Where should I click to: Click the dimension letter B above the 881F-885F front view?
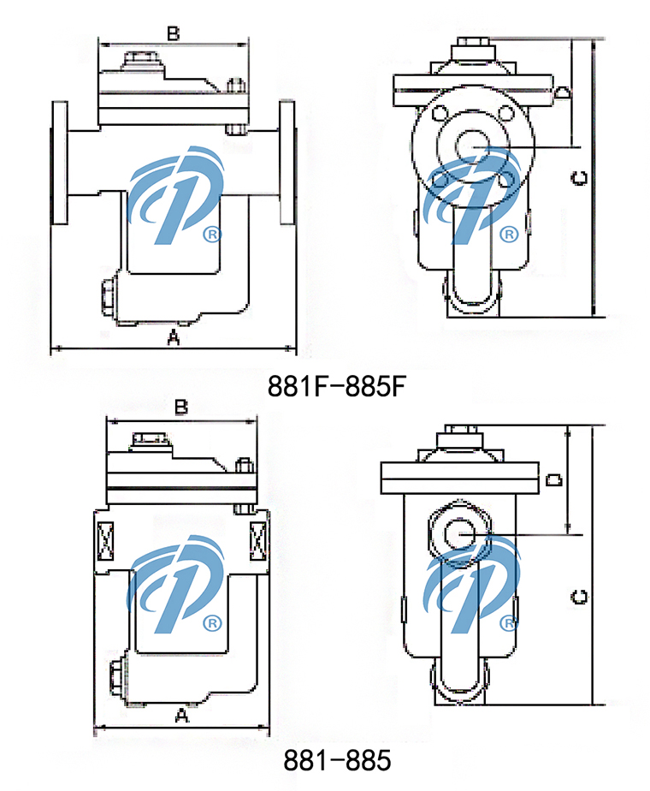pyautogui.click(x=173, y=33)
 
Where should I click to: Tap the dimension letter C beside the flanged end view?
pyautogui.click(x=579, y=178)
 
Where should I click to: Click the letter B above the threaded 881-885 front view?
pyautogui.click(x=180, y=407)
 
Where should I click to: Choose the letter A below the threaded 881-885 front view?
pyautogui.click(x=180, y=717)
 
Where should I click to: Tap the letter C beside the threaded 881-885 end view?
pyautogui.click(x=579, y=597)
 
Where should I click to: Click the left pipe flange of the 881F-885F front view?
pyautogui.click(x=59, y=163)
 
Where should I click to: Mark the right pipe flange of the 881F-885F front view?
pyautogui.click(x=287, y=163)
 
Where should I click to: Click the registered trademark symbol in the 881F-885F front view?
pyautogui.click(x=210, y=234)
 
